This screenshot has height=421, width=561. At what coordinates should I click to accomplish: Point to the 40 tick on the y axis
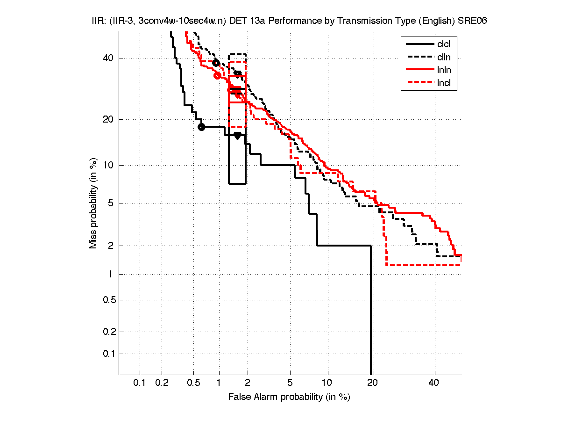click(109, 58)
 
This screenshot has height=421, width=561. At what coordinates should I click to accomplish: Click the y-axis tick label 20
click(109, 119)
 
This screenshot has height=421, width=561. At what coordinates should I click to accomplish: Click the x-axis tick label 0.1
click(140, 384)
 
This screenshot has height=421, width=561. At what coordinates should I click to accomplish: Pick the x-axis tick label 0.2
click(162, 384)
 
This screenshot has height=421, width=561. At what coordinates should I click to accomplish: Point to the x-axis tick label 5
click(290, 384)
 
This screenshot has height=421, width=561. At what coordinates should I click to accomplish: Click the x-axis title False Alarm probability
click(289, 397)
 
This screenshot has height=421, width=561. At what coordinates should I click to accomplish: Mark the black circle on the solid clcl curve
click(201, 127)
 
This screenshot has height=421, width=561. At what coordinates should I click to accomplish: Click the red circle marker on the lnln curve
click(217, 75)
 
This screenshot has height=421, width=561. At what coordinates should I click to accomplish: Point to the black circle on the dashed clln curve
click(216, 63)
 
